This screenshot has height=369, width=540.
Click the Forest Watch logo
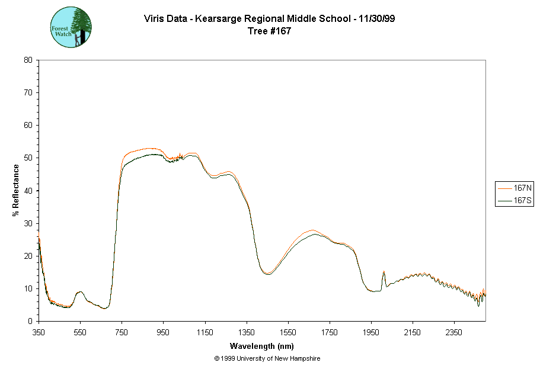coord(71,27)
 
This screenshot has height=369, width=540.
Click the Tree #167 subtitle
coord(270,31)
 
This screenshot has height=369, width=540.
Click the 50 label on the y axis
coord(28,158)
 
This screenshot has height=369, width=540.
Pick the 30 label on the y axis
coord(28,223)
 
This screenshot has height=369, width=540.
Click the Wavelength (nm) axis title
coord(262,346)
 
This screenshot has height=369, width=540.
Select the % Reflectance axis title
coord(16,190)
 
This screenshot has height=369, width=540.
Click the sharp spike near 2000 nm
coord(384,272)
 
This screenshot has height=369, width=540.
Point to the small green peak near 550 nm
coord(80,292)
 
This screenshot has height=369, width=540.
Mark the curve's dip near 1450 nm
coord(267,274)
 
